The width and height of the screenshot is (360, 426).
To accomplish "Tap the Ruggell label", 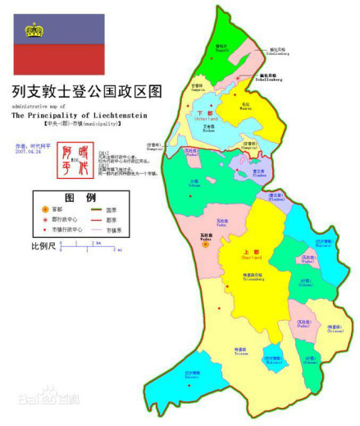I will click(x=221, y=50).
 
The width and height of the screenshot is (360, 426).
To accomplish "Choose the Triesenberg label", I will click(x=245, y=276).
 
